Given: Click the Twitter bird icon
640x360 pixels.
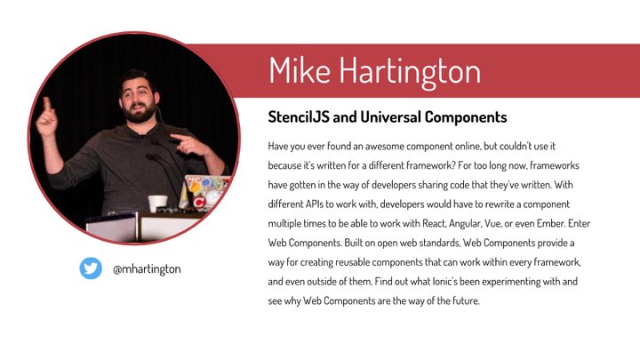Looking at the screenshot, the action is [x=91, y=268].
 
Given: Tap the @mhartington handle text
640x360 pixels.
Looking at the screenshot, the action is [x=147, y=269].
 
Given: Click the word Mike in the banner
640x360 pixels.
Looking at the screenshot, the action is [x=300, y=70].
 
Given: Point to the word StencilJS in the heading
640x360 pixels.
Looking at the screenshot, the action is [x=299, y=117].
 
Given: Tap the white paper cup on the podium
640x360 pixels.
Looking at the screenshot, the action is [x=158, y=203].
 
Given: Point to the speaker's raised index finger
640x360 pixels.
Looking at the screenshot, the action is [x=47, y=104].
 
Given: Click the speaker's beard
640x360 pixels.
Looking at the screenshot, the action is [x=140, y=113].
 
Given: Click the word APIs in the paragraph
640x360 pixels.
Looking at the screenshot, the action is [x=314, y=204].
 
